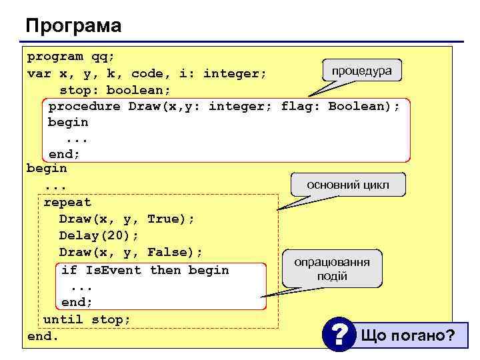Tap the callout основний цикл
[347, 184]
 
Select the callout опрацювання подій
[332, 269]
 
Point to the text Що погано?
[408, 335]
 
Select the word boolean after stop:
[139, 89]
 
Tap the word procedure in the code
[84, 106]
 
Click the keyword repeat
[67, 202]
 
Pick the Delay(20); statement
[99, 235]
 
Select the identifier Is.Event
[113, 270]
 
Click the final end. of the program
[43, 336]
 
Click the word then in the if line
[165, 270]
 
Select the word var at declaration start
[39, 73]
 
